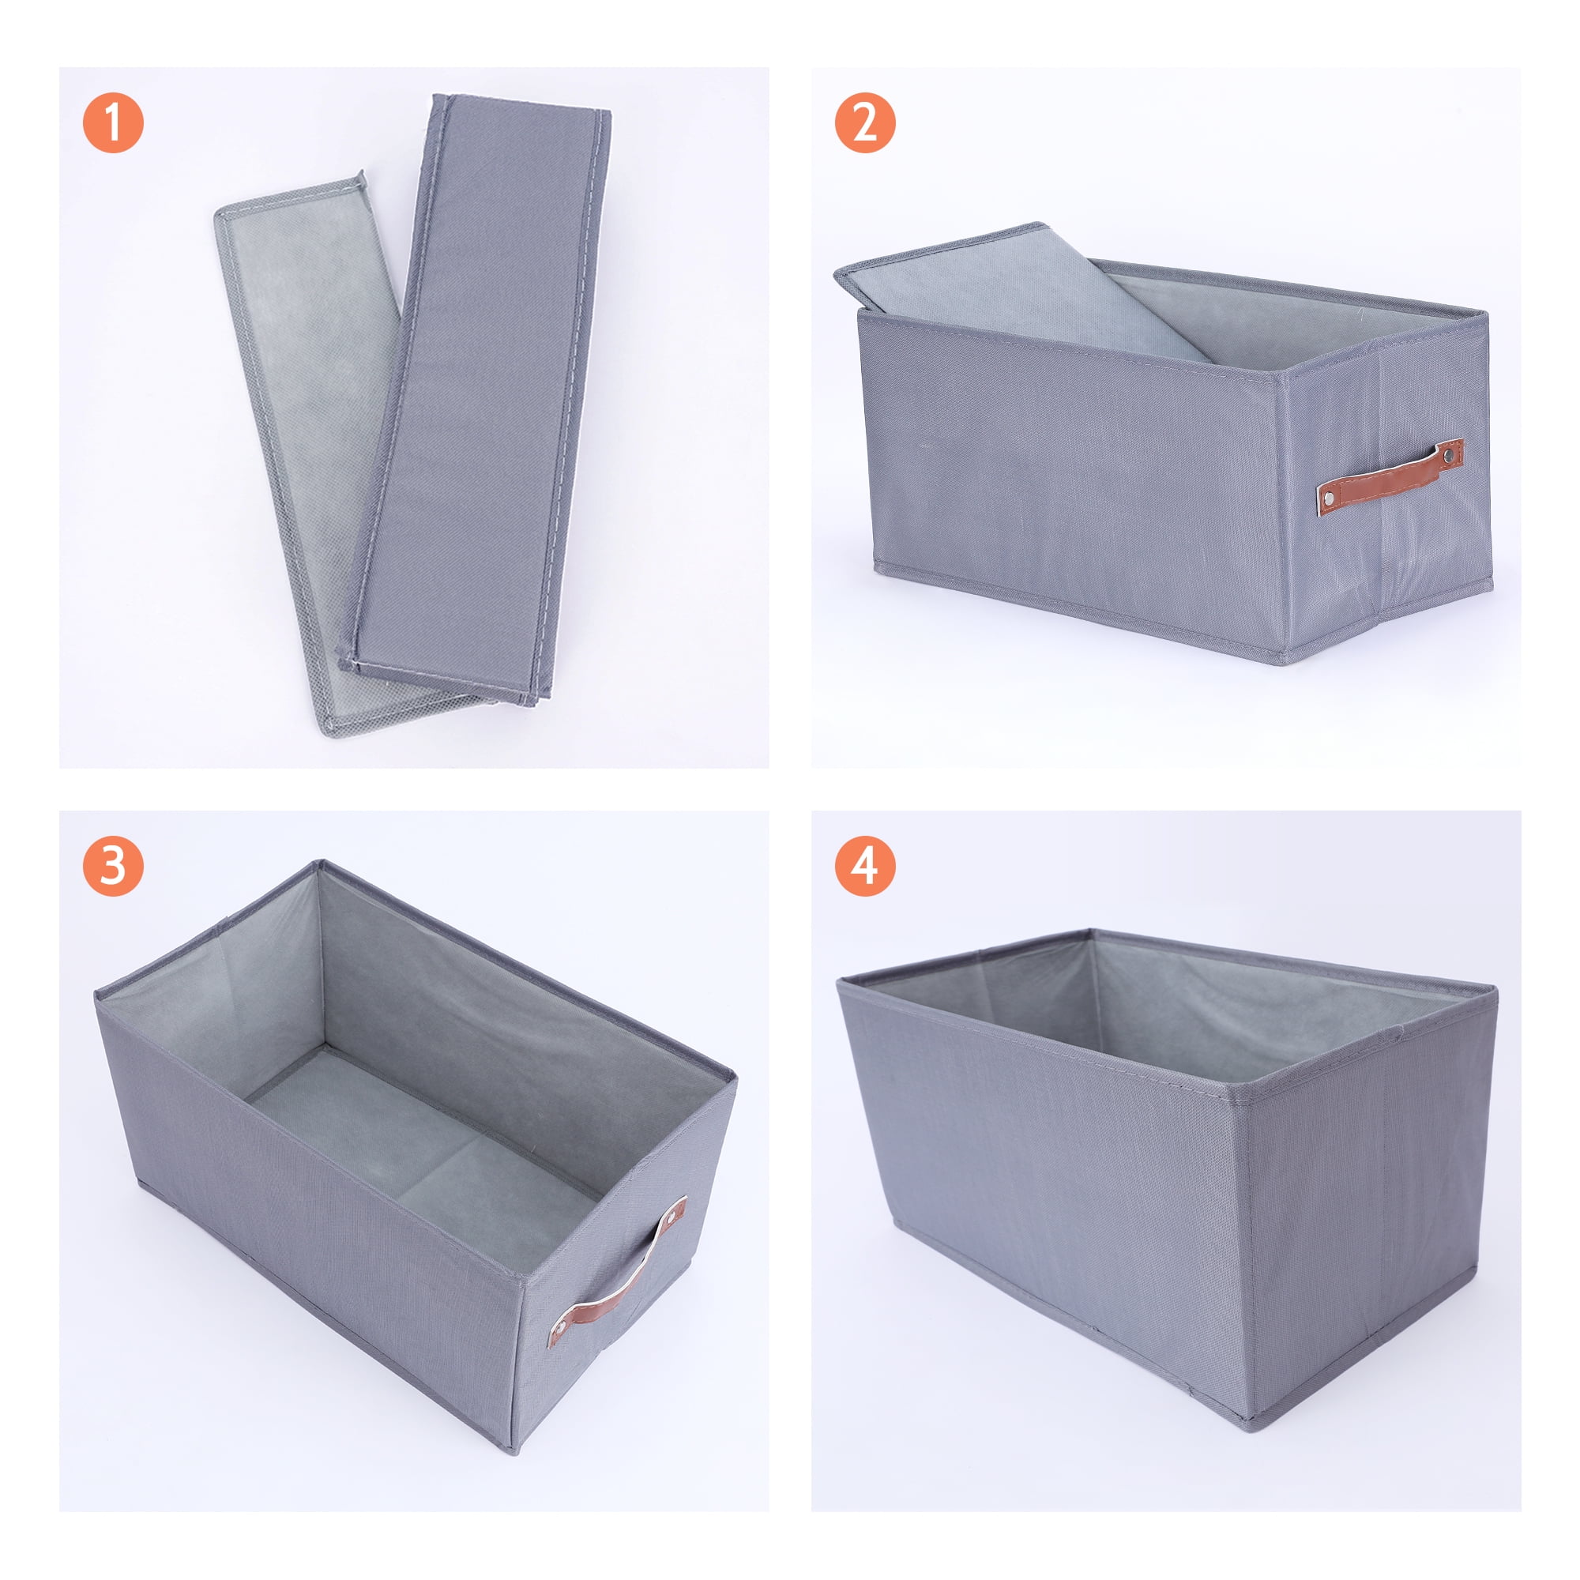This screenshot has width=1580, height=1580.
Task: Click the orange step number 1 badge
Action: pyautogui.click(x=113, y=122)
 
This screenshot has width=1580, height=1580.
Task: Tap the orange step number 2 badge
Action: pyautogui.click(x=865, y=122)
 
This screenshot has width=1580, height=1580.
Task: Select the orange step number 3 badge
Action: pyautogui.click(x=113, y=865)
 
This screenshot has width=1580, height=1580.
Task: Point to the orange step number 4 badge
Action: pyautogui.click(x=865, y=865)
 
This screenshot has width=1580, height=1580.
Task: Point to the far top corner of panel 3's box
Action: pyautogui.click(x=321, y=863)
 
